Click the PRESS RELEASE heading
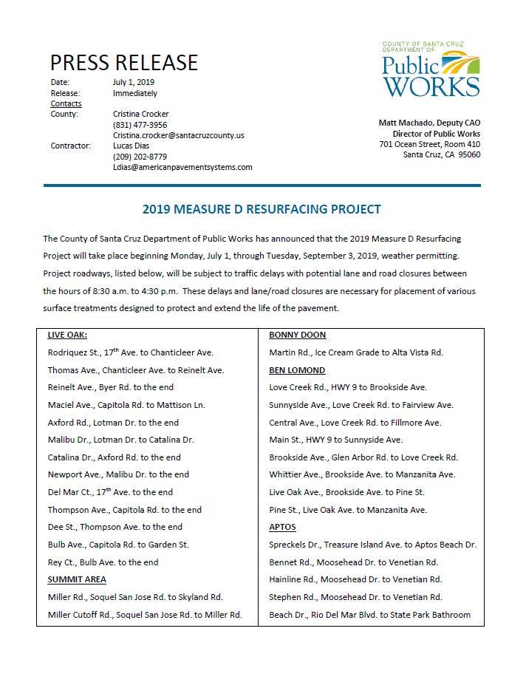click(x=123, y=62)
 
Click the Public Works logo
click(x=430, y=70)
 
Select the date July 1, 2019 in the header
click(x=134, y=82)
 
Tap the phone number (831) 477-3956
click(x=140, y=125)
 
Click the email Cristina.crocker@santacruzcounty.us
click(x=178, y=135)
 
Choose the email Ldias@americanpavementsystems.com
click(x=182, y=167)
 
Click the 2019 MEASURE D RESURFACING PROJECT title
click(x=262, y=209)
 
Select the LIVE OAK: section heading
click(x=67, y=335)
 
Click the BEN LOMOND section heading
click(x=297, y=369)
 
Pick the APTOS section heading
click(x=282, y=527)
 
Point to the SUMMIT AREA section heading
click(x=77, y=579)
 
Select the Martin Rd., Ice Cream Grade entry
click(x=356, y=352)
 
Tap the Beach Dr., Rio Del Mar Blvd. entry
click(x=369, y=614)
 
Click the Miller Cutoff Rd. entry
click(x=145, y=614)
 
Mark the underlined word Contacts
click(x=66, y=103)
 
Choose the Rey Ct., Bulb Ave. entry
click(x=103, y=562)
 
